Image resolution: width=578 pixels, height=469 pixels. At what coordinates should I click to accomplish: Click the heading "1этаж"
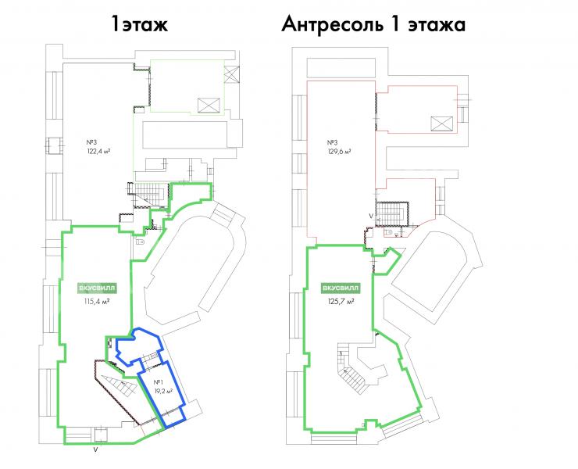click(140, 25)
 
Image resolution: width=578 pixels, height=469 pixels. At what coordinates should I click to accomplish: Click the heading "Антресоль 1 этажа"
click(373, 25)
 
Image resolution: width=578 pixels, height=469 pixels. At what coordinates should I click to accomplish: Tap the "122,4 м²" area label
click(98, 151)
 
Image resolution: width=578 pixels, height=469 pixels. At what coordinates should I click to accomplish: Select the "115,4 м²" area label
click(97, 302)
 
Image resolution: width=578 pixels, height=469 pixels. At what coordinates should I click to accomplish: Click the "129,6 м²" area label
click(339, 151)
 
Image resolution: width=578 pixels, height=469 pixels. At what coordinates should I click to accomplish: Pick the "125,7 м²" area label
click(341, 301)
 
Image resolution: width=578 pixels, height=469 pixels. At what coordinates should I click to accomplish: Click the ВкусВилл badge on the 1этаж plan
click(98, 288)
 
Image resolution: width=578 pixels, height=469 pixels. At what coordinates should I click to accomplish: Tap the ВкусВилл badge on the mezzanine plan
click(341, 288)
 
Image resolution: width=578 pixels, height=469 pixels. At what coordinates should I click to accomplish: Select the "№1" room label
click(159, 382)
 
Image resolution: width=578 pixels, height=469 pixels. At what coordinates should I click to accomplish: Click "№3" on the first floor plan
click(91, 142)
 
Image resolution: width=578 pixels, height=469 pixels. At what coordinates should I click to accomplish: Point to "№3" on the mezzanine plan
click(332, 142)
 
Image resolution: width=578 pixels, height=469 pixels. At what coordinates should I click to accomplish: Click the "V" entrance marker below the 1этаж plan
click(96, 449)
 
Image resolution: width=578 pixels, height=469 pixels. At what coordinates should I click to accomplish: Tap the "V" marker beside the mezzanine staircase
click(371, 216)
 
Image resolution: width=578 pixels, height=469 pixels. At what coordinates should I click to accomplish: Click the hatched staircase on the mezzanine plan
click(392, 213)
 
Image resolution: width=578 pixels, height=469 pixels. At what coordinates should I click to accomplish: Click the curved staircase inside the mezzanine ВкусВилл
click(353, 373)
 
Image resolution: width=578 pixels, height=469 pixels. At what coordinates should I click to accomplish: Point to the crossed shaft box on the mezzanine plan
click(441, 124)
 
